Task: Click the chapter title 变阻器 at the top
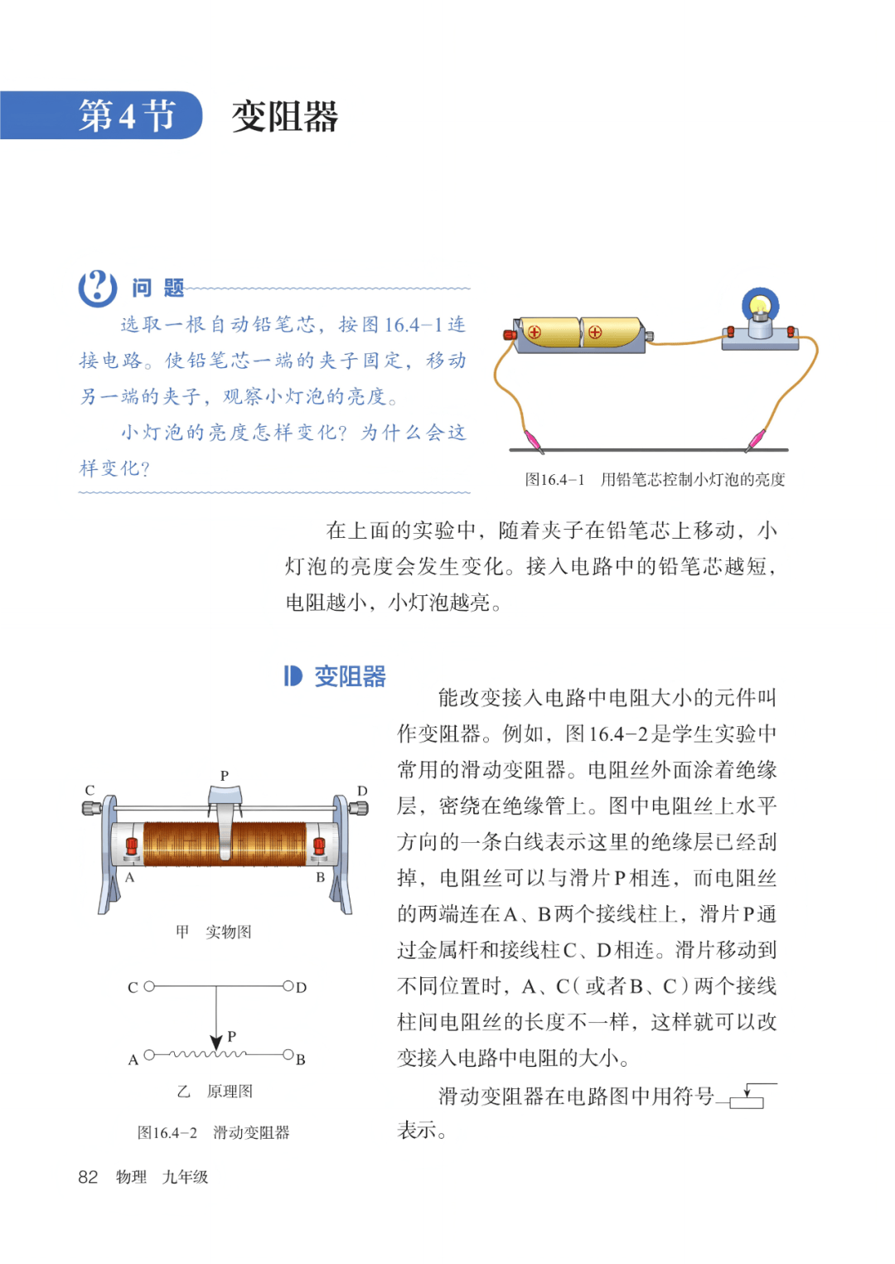point(284,116)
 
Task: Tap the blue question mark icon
point(97,288)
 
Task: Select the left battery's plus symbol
point(535,332)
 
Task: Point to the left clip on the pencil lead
point(532,441)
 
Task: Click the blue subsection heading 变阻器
point(349,676)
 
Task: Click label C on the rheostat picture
point(89,790)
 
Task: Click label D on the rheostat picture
point(362,791)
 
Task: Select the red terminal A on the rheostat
point(131,847)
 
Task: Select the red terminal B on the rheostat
point(319,847)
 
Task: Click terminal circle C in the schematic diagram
point(149,986)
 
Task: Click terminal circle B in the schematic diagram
point(288,1055)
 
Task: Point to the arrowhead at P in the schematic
point(216,1043)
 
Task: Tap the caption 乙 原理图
point(215,1092)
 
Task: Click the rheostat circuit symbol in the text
point(748,1097)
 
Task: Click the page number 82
point(88,1177)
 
